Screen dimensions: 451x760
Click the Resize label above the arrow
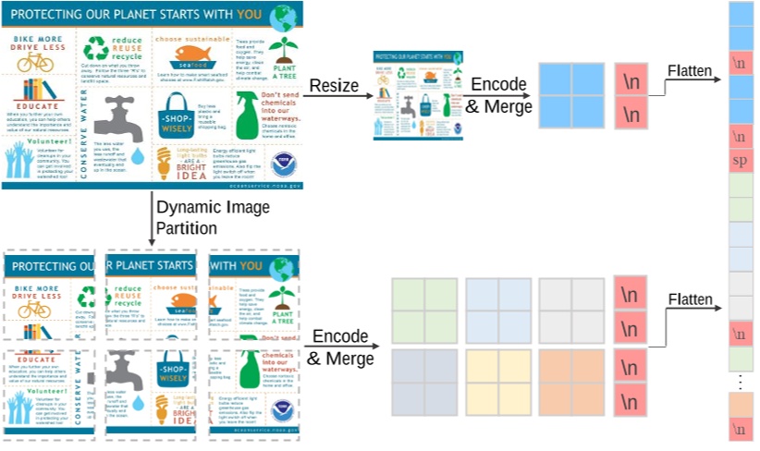pos(334,86)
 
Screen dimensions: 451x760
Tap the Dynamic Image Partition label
pos(199,216)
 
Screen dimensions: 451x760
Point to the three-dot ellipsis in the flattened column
pos(740,381)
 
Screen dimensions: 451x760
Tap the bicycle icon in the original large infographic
pos(35,61)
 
